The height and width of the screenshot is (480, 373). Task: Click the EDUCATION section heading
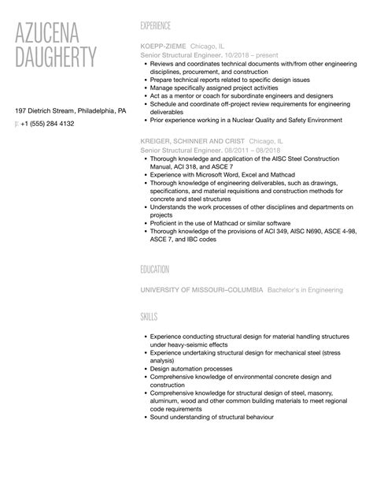click(155, 270)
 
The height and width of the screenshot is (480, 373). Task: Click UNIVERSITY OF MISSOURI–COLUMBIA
click(201, 290)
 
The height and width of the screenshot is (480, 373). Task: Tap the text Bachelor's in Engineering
click(305, 290)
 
